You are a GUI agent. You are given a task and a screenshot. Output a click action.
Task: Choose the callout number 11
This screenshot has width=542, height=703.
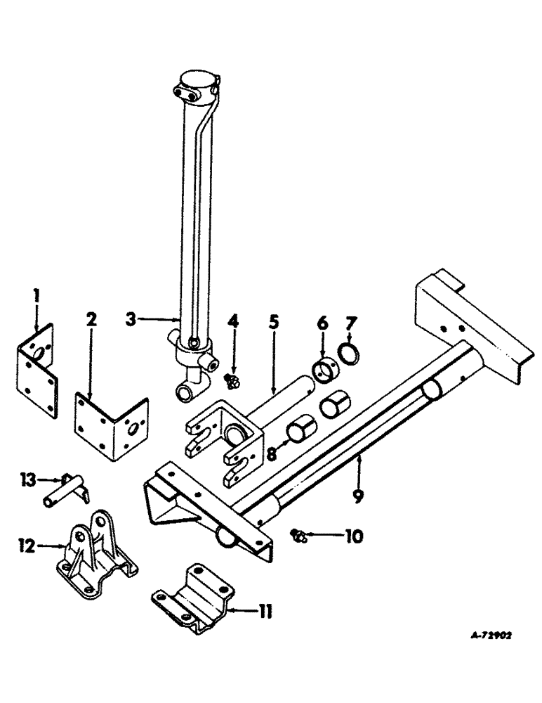(x=265, y=612)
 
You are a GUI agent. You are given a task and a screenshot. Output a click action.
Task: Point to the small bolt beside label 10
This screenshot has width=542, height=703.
(x=298, y=537)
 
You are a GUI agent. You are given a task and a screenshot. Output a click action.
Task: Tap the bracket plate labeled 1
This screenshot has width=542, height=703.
(x=38, y=359)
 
